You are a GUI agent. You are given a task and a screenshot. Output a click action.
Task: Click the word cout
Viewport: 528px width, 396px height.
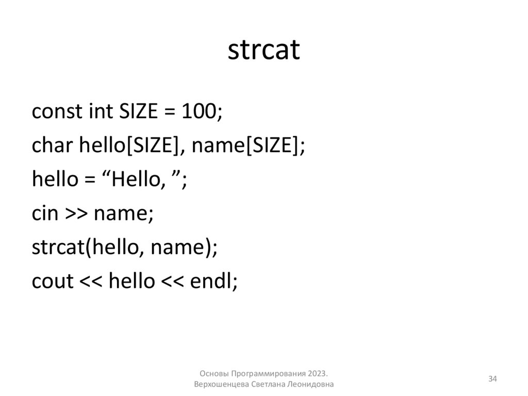(x=52, y=281)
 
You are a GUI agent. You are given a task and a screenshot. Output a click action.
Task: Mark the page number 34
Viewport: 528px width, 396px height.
(x=492, y=379)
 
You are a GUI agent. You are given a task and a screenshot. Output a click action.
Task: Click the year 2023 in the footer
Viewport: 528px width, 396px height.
(x=318, y=373)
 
